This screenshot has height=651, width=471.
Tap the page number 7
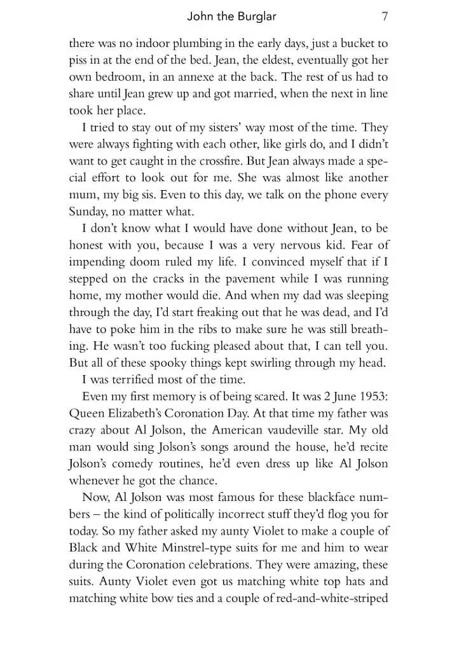click(x=385, y=17)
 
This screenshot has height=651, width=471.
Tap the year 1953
click(x=371, y=396)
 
